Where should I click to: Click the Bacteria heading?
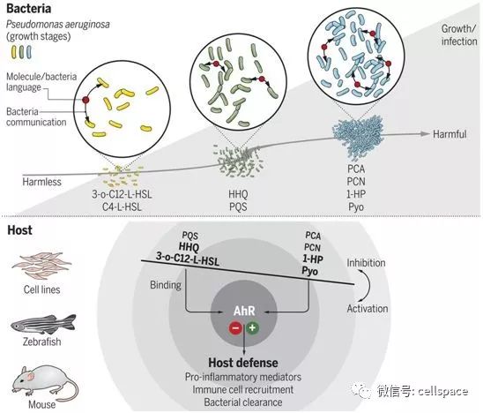(x=29, y=8)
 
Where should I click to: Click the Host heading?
(x=19, y=230)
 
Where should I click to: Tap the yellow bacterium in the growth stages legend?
(x=14, y=52)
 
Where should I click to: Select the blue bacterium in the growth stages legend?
(x=29, y=52)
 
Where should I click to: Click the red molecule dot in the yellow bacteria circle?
(x=85, y=100)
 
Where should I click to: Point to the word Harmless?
(x=41, y=182)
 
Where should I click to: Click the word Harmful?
(x=450, y=134)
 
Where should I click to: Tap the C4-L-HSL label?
(x=122, y=206)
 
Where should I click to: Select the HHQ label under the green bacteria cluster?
(x=238, y=194)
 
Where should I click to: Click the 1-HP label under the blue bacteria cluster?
(x=356, y=194)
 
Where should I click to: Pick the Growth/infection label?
(x=459, y=34)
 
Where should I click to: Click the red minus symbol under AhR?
(x=235, y=328)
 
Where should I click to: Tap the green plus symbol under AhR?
(x=252, y=327)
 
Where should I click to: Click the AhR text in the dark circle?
(x=244, y=311)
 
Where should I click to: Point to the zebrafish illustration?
(x=43, y=324)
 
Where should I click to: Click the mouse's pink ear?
(x=31, y=376)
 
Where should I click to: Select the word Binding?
(x=166, y=285)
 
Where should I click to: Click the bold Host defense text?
(x=243, y=363)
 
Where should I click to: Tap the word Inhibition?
(x=366, y=263)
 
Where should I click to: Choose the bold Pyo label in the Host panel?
(x=310, y=271)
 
